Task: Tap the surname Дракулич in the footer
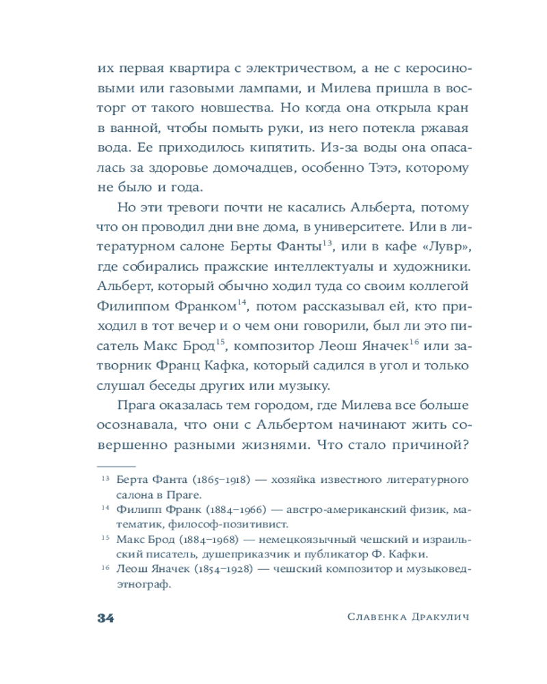[440, 618]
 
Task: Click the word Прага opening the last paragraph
[139, 404]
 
